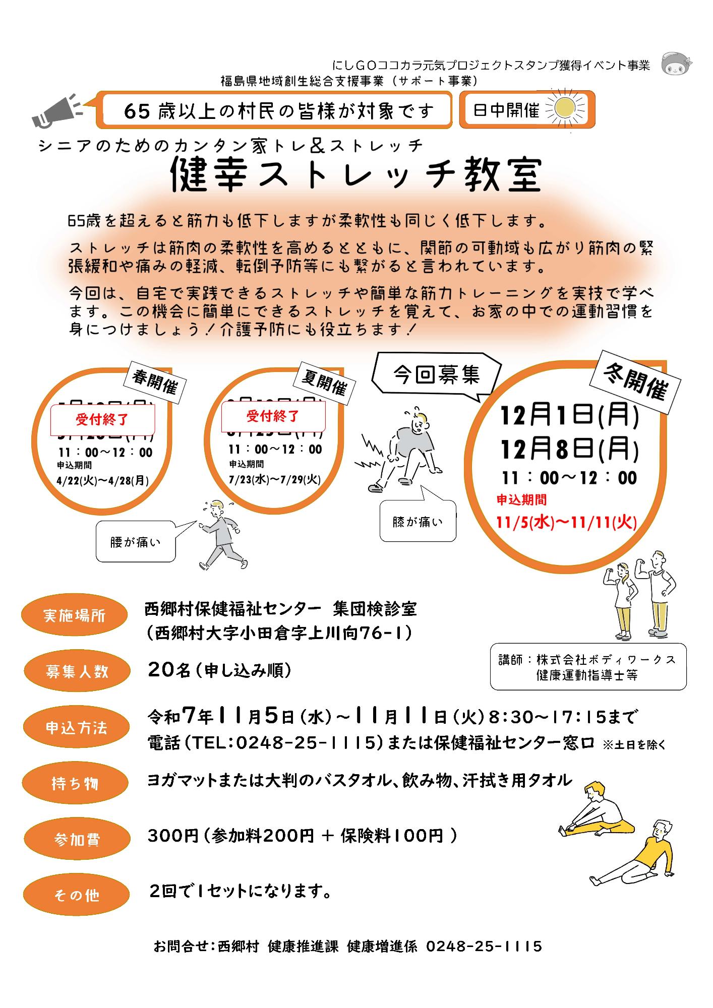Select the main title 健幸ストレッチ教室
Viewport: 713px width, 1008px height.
click(x=356, y=175)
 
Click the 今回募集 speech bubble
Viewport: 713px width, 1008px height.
click(x=436, y=375)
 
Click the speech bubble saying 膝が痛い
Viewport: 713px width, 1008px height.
click(x=418, y=522)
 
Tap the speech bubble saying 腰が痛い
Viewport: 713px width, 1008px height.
click(x=135, y=542)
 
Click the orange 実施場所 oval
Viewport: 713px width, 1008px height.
click(x=74, y=615)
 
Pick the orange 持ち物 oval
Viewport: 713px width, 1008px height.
click(x=75, y=783)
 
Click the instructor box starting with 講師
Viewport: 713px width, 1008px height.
click(x=588, y=666)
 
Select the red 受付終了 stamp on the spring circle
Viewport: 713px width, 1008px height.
click(x=102, y=419)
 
